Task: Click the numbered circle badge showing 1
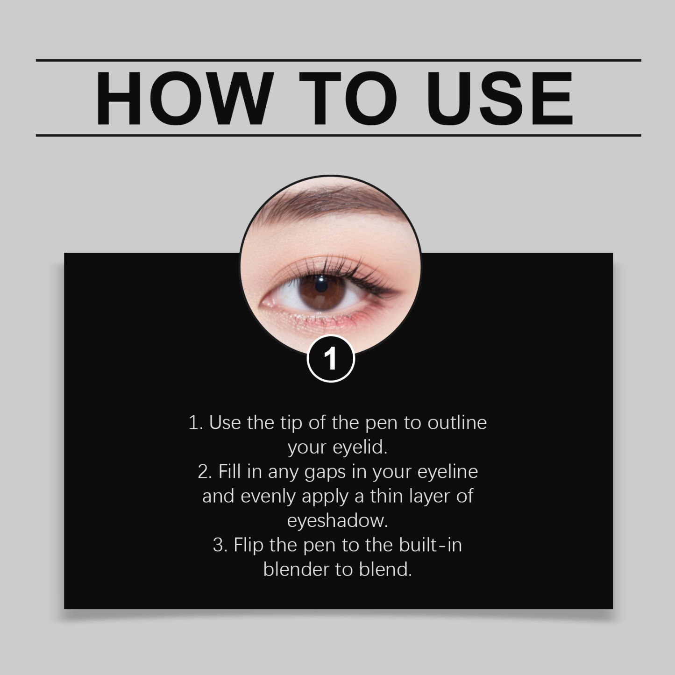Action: (x=331, y=359)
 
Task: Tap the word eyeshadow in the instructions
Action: (x=337, y=520)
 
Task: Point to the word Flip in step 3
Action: (x=248, y=545)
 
